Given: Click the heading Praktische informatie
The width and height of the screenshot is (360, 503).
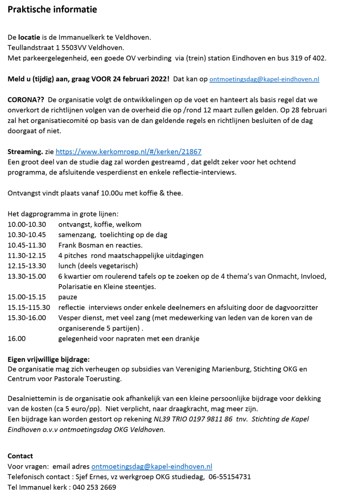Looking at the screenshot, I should tap(52, 9).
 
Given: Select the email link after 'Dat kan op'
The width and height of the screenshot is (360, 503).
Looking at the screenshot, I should tap(264, 79).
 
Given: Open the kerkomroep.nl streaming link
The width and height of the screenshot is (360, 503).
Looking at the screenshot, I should tap(128, 152).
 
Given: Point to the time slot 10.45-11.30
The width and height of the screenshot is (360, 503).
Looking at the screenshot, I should tap(27, 245).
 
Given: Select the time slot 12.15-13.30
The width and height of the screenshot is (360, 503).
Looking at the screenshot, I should tap(27, 266).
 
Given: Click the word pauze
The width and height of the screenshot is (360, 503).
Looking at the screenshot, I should tap(68, 297).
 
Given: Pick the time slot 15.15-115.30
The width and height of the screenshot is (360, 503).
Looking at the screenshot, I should tap(29, 307).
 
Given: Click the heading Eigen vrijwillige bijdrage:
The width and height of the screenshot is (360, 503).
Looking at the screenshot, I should tap(48, 359).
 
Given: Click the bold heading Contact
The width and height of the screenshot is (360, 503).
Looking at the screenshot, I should tap(20, 456).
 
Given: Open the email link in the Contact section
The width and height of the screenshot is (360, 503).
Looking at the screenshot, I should tap(151, 466).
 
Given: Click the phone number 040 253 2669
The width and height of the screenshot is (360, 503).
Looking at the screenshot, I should tap(93, 487).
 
